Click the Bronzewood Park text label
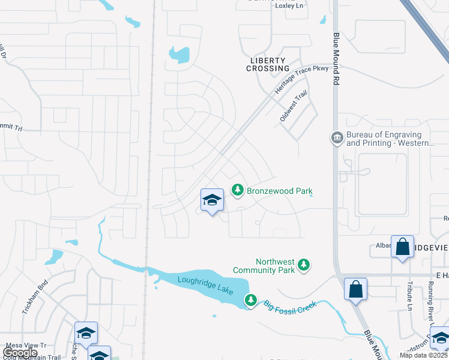[x=280, y=191]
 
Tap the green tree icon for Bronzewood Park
[x=238, y=190]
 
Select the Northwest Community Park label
[x=276, y=266]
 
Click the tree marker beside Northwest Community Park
[x=304, y=265]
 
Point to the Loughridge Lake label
[x=205, y=284]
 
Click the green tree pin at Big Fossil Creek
[x=251, y=299]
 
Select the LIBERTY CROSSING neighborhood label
[x=268, y=65]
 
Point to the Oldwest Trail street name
[x=294, y=106]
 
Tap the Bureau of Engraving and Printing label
[x=384, y=139]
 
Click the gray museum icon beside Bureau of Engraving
[x=337, y=138]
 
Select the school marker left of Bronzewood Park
[x=211, y=200]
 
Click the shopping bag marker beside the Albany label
[x=402, y=247]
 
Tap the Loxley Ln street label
[x=289, y=5]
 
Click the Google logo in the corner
[x=20, y=353]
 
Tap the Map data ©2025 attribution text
[x=423, y=355]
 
